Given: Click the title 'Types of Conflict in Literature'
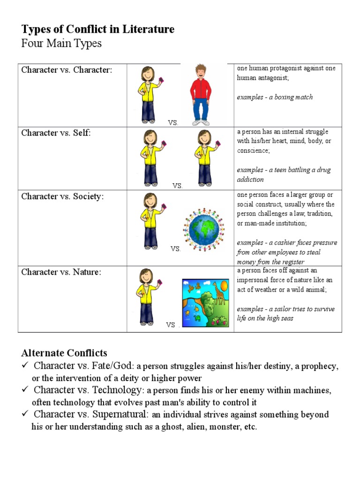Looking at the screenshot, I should click(97, 29).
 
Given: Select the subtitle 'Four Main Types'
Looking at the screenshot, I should click(61, 44).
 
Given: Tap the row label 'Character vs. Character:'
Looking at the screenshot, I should click(67, 70).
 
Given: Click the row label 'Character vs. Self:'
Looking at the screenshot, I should click(56, 133).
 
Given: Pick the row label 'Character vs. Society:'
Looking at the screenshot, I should click(62, 196).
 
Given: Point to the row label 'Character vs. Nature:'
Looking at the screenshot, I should click(61, 272).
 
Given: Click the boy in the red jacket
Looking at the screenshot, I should click(201, 94).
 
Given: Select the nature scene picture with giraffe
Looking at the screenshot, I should click(205, 303).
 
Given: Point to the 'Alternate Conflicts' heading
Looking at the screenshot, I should click(64, 353).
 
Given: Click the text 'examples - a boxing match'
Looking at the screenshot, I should click(275, 97).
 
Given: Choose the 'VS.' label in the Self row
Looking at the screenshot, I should click(177, 186).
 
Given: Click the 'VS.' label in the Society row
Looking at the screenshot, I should click(175, 249).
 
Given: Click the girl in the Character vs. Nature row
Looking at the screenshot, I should click(147, 296).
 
